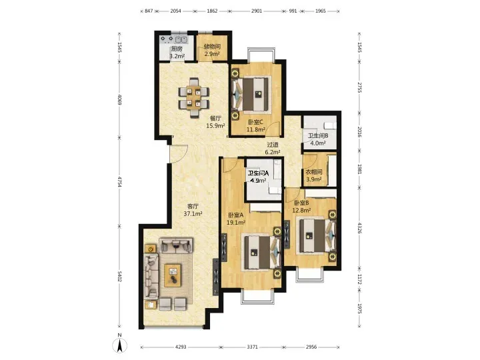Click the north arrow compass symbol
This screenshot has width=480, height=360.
click(x=120, y=345)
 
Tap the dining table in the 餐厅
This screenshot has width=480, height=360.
click(x=194, y=98)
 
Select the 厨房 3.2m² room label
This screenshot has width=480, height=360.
click(x=177, y=53)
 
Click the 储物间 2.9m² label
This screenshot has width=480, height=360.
click(x=212, y=50)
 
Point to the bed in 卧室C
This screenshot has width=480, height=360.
click(x=251, y=94)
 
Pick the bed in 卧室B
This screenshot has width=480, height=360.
click(x=317, y=235)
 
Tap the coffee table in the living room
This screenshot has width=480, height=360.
click(x=173, y=275)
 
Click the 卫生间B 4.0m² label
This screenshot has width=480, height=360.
click(x=318, y=139)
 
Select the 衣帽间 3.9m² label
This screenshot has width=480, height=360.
click(x=314, y=176)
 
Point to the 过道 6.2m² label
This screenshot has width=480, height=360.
click(x=273, y=148)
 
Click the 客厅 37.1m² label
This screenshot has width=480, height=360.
click(x=193, y=210)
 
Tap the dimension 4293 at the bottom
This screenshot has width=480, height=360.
click(x=181, y=347)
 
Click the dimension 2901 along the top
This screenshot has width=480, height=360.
click(x=257, y=11)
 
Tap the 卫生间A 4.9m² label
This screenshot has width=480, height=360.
click(x=258, y=177)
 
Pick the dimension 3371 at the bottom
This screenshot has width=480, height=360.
click(x=252, y=347)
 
